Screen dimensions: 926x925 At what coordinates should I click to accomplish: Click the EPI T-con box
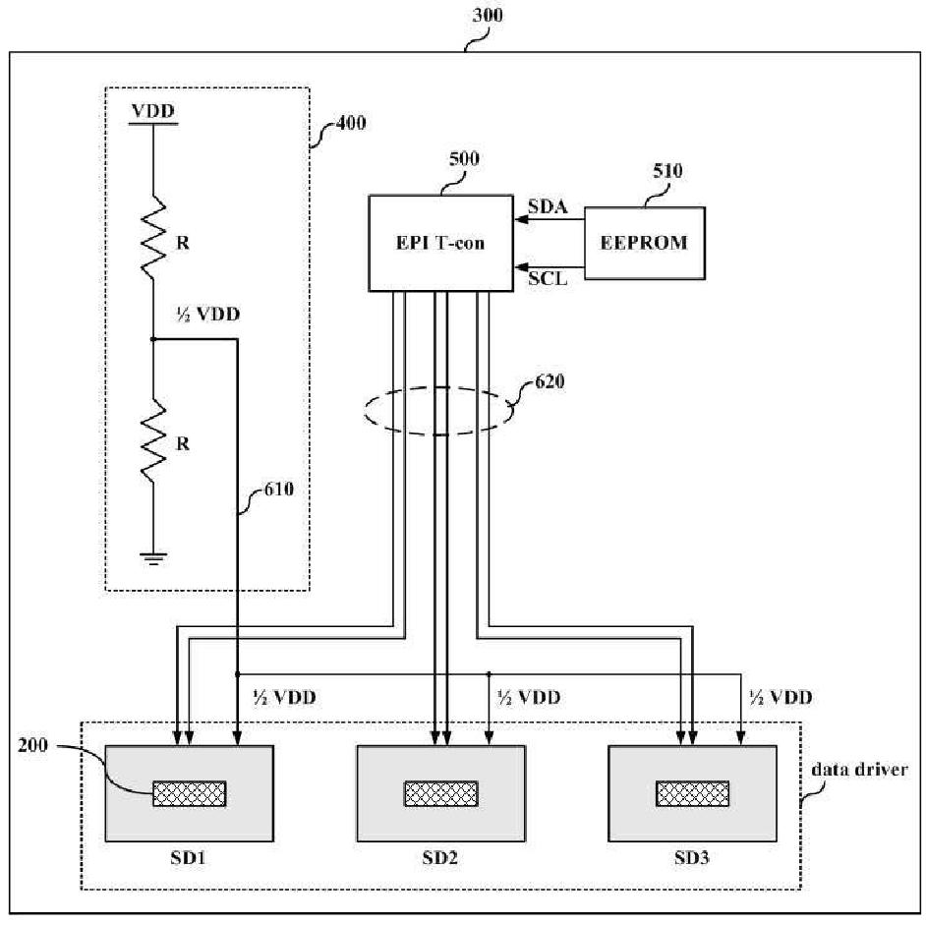[440, 243]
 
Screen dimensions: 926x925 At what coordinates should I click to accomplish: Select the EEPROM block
[644, 243]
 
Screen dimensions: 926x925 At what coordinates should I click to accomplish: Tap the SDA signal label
[548, 206]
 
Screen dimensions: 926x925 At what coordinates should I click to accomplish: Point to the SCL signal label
[548, 278]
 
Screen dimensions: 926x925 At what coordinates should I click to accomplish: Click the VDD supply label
[153, 111]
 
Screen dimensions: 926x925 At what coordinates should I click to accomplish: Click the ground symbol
[153, 558]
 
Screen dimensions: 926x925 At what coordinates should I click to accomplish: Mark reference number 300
[488, 15]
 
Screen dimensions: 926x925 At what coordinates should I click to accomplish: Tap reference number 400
[351, 123]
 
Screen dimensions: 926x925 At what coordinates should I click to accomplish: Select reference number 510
[667, 171]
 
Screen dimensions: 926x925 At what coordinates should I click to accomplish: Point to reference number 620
[550, 381]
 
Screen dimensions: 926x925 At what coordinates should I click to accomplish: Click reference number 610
[279, 490]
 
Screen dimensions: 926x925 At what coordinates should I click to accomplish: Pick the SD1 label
[188, 857]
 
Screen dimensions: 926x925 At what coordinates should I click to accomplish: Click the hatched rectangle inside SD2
[441, 793]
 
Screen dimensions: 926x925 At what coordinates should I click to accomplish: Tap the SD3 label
[691, 857]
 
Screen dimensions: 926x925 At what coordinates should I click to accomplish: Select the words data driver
[859, 769]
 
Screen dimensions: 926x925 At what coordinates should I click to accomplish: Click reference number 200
[32, 745]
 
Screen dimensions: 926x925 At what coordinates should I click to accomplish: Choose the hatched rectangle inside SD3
[693, 793]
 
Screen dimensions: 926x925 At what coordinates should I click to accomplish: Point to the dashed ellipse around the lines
[365, 411]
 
